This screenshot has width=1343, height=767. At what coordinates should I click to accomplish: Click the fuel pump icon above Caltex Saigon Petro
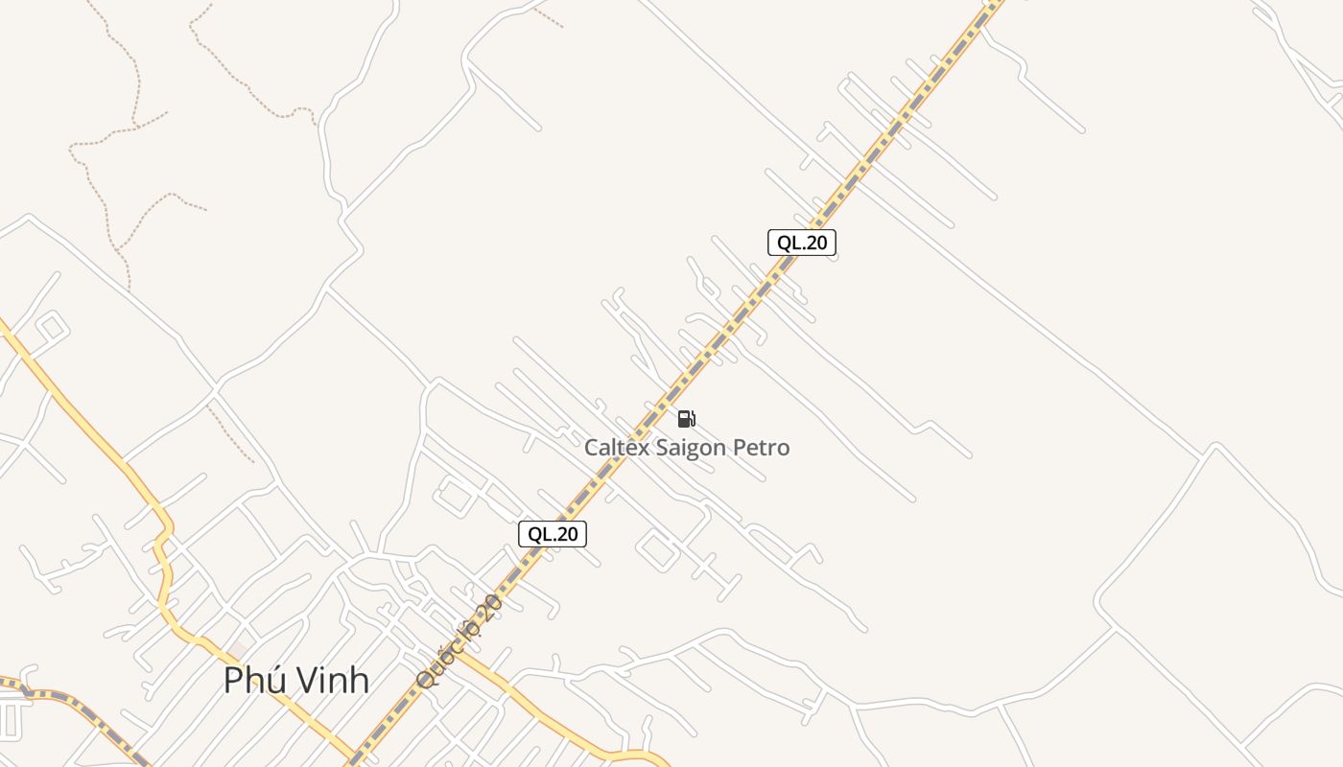point(686,418)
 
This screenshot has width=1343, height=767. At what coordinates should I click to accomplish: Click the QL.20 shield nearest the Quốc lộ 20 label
point(553,534)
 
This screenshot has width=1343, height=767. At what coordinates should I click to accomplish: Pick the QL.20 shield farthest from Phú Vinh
point(802,243)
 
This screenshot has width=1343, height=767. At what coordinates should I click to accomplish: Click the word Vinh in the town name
point(331,680)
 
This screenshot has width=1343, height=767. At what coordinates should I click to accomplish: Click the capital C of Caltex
point(593,448)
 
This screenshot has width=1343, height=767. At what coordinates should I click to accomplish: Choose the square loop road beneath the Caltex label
point(658,550)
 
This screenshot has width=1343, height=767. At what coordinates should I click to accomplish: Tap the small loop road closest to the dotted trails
point(51,329)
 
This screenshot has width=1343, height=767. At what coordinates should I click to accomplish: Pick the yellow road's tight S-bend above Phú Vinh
point(164,546)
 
